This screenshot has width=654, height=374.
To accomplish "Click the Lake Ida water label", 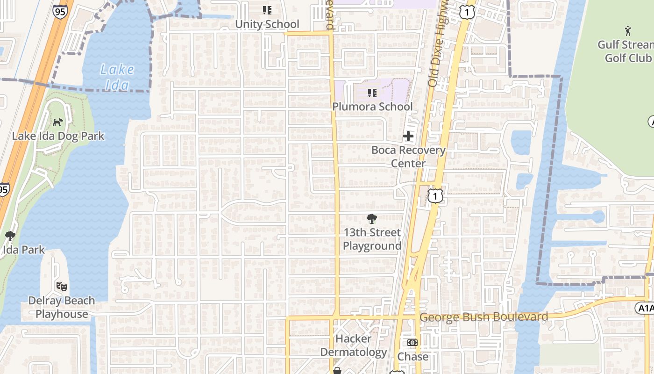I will [117, 77].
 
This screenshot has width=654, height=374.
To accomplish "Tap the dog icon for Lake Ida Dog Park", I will [58, 122].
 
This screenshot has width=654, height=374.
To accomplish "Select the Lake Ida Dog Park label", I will [58, 137].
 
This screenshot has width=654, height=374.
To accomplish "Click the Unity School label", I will [267, 24].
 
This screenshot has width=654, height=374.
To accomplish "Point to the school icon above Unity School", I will [267, 10].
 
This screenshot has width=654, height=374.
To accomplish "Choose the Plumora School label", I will [372, 107].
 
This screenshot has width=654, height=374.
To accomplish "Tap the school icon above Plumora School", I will [372, 93].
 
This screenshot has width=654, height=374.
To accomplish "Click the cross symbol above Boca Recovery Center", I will [408, 136].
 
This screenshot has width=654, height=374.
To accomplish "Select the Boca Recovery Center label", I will [408, 157].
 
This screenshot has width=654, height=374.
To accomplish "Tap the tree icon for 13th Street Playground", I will [372, 218].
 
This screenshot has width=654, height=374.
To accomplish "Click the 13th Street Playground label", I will [372, 239].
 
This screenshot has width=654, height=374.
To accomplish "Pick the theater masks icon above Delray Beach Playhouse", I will [62, 286].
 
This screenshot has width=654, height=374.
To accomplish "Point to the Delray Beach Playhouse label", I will [62, 307].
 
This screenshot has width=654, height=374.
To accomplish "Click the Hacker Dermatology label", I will [353, 345].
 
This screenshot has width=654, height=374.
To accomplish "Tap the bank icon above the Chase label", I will [412, 343].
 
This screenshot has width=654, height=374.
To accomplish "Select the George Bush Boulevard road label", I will [483, 317].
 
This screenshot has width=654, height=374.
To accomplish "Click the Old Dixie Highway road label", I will [438, 44].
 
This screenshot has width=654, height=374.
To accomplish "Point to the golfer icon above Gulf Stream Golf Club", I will [628, 31].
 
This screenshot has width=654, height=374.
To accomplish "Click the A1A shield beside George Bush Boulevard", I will [645, 308].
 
